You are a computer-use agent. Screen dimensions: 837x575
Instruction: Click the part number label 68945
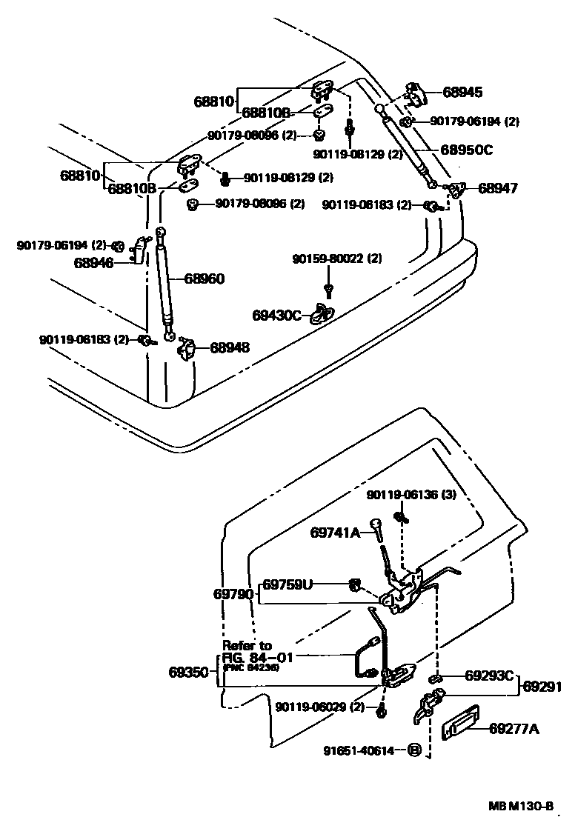tap(462, 93)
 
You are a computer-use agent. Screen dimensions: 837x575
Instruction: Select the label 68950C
tap(467, 150)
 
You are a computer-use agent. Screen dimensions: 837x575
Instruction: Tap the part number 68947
tap(497, 188)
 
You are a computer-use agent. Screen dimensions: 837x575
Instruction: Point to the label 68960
tap(204, 279)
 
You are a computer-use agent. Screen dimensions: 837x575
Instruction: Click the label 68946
tap(93, 262)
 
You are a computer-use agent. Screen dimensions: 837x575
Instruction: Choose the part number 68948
tap(229, 347)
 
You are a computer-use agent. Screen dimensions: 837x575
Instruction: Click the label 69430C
tap(276, 316)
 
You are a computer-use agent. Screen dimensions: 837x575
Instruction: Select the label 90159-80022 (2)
tap(337, 259)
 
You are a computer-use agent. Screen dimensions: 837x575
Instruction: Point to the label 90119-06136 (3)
tap(411, 494)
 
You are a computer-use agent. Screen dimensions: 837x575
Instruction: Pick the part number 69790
tap(233, 594)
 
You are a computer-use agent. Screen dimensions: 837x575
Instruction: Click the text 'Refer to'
tap(247, 645)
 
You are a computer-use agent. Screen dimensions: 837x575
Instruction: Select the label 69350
tap(188, 673)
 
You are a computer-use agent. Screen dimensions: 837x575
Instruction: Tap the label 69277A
tap(514, 729)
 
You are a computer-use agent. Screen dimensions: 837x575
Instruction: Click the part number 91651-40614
tap(358, 750)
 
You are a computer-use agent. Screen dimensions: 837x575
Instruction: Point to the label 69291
tap(542, 686)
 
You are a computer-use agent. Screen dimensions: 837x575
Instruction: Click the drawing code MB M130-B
tap(520, 807)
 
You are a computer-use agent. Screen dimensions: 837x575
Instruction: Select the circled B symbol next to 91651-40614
tap(414, 750)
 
